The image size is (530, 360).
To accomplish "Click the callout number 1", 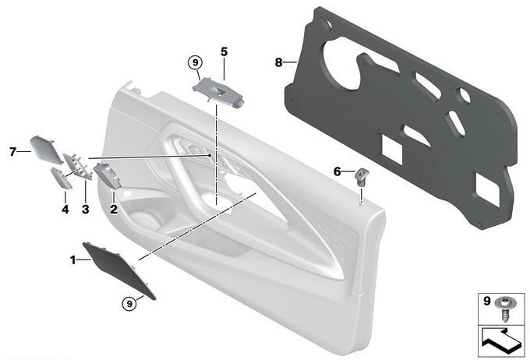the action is coord(72,260).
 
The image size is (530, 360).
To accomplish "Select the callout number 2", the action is coord(114,209).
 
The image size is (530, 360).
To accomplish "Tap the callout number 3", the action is coord(86,209).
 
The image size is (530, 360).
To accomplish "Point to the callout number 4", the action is coord(65,210).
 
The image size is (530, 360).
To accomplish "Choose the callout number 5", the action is coord(224,51).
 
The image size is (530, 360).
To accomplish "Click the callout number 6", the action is coord(337,171).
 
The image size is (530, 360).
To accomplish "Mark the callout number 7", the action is coord(12,152).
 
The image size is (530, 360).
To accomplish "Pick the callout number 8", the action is coord(278,62).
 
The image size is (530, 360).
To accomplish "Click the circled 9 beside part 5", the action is coord(195,62).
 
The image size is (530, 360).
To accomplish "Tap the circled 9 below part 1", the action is coord(129,304).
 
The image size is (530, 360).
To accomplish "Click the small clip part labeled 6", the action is coord(362,177).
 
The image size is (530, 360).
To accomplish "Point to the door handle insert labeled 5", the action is coord(218,92).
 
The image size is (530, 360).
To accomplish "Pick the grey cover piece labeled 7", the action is coord(45,149).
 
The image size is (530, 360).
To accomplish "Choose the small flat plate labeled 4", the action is coord(62,178).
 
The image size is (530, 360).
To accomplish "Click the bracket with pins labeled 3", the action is coord(78,166).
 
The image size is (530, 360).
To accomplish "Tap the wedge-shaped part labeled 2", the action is coord(108,175).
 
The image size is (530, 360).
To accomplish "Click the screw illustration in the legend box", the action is coord(504,309).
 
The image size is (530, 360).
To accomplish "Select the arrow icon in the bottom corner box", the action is coord(501,341).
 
